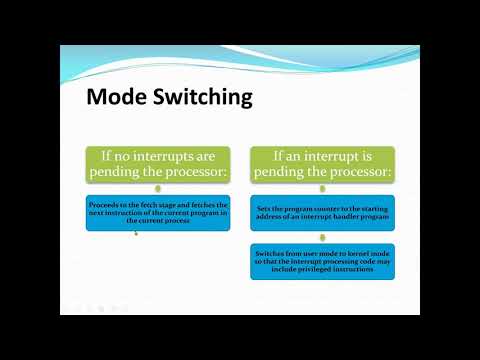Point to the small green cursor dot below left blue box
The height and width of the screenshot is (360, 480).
(136, 233)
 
